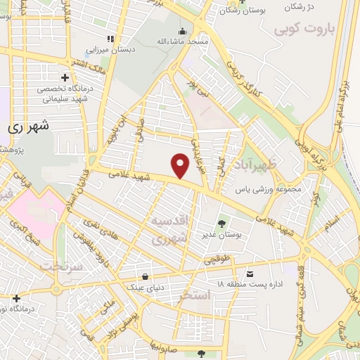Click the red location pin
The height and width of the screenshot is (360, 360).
pos(181,165)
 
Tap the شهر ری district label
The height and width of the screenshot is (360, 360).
pos(28,128)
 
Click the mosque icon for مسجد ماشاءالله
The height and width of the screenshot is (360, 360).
pos(182,32)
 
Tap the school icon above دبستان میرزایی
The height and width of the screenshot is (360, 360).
pos(109,39)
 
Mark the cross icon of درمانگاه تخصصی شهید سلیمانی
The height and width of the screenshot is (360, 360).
pos(65,77)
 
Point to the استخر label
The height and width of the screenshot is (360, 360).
pos(195,295)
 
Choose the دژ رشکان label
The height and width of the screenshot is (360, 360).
pos(302,6)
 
